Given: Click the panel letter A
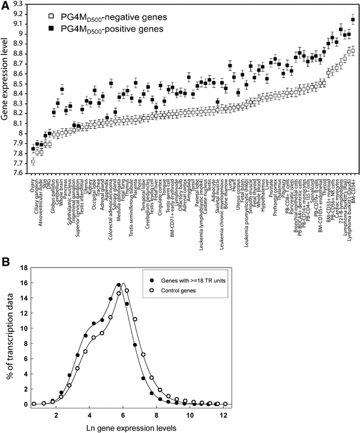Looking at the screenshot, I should click(x=6, y=5).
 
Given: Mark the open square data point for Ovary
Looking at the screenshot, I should click(x=33, y=161).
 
